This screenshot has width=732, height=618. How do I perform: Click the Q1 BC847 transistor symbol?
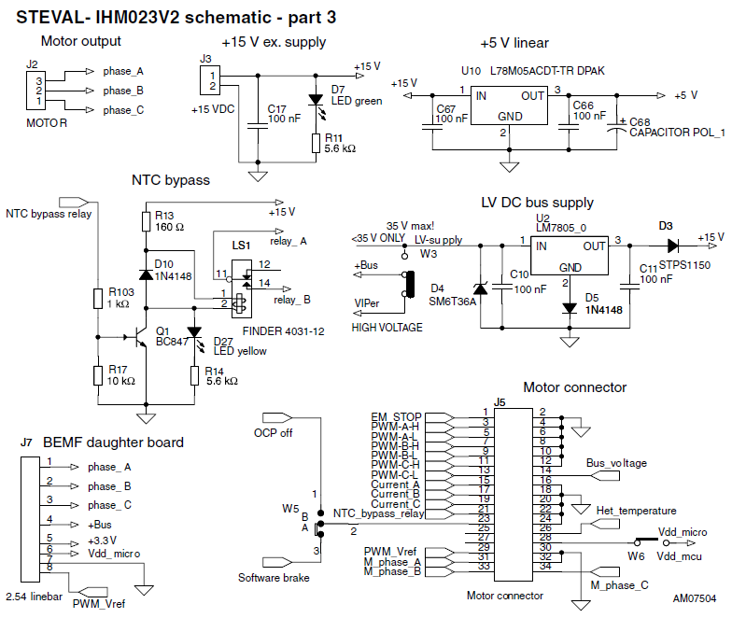click(x=139, y=336)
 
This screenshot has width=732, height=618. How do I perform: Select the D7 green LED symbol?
click(x=316, y=100)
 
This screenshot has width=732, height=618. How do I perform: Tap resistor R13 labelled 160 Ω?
click(x=146, y=222)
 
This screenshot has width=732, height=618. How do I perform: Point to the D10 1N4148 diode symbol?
click(x=146, y=274)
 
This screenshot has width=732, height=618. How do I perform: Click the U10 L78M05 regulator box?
click(x=509, y=105)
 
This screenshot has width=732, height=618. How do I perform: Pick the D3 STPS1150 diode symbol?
click(x=672, y=246)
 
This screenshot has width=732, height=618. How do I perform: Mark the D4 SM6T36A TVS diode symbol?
click(x=480, y=289)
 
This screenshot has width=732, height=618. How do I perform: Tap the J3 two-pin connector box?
click(x=210, y=80)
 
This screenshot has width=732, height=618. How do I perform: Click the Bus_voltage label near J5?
click(x=616, y=463)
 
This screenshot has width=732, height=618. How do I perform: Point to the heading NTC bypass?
click(x=171, y=180)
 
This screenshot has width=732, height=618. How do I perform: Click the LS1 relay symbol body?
click(x=241, y=289)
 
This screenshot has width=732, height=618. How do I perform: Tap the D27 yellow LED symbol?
click(x=194, y=332)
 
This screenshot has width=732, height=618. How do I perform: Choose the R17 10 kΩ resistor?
click(x=97, y=375)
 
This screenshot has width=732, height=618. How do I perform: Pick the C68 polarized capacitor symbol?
click(x=616, y=128)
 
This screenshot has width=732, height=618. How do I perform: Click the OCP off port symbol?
click(x=277, y=417)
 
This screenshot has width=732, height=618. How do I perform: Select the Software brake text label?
click(x=274, y=578)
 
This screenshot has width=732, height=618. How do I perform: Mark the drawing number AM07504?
click(x=695, y=599)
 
